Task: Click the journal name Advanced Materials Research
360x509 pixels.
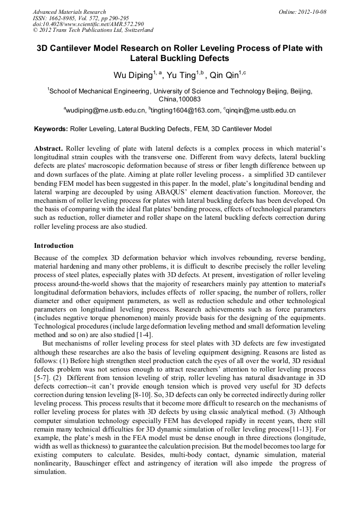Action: click(x=69, y=11)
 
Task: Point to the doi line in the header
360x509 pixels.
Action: click(x=88, y=24)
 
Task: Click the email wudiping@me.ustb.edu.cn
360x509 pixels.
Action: click(x=106, y=110)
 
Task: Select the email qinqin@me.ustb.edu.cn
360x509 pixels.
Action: click(x=261, y=110)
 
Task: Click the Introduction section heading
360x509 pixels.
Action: click(x=54, y=246)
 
